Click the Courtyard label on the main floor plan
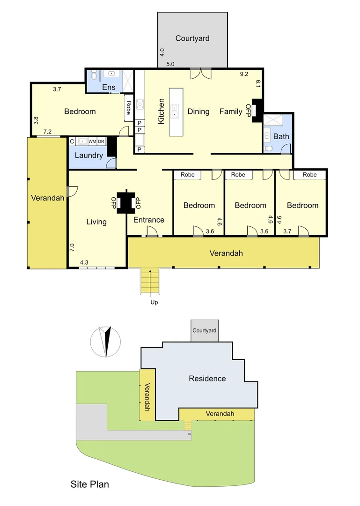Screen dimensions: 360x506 [x=192, y=38]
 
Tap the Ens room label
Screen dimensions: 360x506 [x=109, y=87]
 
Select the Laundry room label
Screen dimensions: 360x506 [x=88, y=156]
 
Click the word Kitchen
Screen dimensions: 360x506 [x=162, y=112]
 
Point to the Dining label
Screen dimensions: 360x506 [x=198, y=112]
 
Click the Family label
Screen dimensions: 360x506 [x=231, y=112]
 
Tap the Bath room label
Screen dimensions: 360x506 [x=281, y=136]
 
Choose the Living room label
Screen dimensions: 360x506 [x=96, y=222]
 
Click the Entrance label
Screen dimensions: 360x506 [x=149, y=220]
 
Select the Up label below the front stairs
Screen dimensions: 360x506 [x=154, y=302]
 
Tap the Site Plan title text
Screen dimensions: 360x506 [x=90, y=484]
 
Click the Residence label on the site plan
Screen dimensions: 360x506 [x=207, y=379]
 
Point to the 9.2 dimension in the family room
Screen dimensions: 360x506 [x=244, y=74]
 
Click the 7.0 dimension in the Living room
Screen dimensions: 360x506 [x=72, y=247]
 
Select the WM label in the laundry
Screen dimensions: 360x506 [x=92, y=141]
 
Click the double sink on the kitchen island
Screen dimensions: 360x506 [x=175, y=111]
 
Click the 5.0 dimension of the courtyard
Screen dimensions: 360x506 [x=170, y=64]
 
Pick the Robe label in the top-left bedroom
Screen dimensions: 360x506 [x=128, y=108]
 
